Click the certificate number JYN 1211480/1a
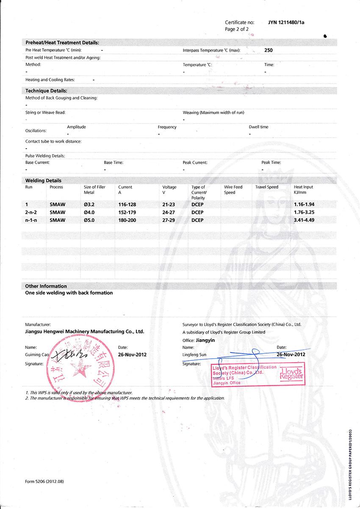286,22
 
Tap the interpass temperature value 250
269,50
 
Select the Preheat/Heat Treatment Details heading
62,43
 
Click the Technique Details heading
46,91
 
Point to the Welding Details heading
43,180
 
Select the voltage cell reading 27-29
170,220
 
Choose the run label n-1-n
32,220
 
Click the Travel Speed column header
267,187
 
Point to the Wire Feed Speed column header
233,190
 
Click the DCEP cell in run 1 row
197,204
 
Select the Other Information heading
46,286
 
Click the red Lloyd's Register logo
292,373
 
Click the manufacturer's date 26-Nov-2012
132,354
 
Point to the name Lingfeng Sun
194,354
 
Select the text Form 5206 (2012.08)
44,481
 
